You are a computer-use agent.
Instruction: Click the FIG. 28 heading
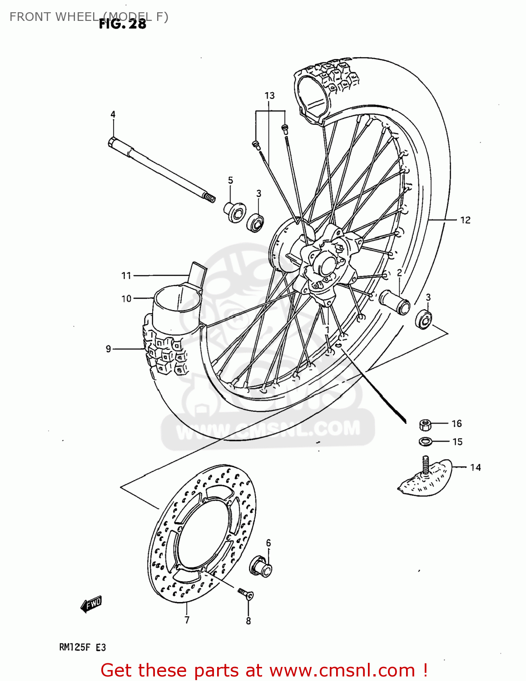(x=123, y=24)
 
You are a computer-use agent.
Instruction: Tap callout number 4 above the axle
(x=113, y=114)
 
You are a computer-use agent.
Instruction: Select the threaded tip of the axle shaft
(x=209, y=197)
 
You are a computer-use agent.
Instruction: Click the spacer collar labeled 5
(x=235, y=212)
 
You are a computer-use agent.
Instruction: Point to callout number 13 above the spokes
(x=269, y=96)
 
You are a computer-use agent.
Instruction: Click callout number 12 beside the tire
(x=465, y=220)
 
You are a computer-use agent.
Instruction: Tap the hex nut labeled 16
(x=425, y=425)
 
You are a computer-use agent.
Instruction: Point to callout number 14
(x=475, y=467)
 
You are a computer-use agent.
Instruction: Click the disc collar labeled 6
(x=260, y=566)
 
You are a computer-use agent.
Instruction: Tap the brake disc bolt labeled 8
(x=245, y=593)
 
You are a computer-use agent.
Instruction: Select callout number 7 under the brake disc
(x=187, y=620)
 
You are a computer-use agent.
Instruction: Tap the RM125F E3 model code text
(x=82, y=647)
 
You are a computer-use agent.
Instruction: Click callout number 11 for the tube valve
(x=126, y=276)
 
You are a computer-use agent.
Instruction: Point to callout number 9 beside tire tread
(x=109, y=349)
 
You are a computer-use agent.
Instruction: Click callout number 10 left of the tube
(x=126, y=299)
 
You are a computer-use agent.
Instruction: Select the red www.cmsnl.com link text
(x=342, y=670)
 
